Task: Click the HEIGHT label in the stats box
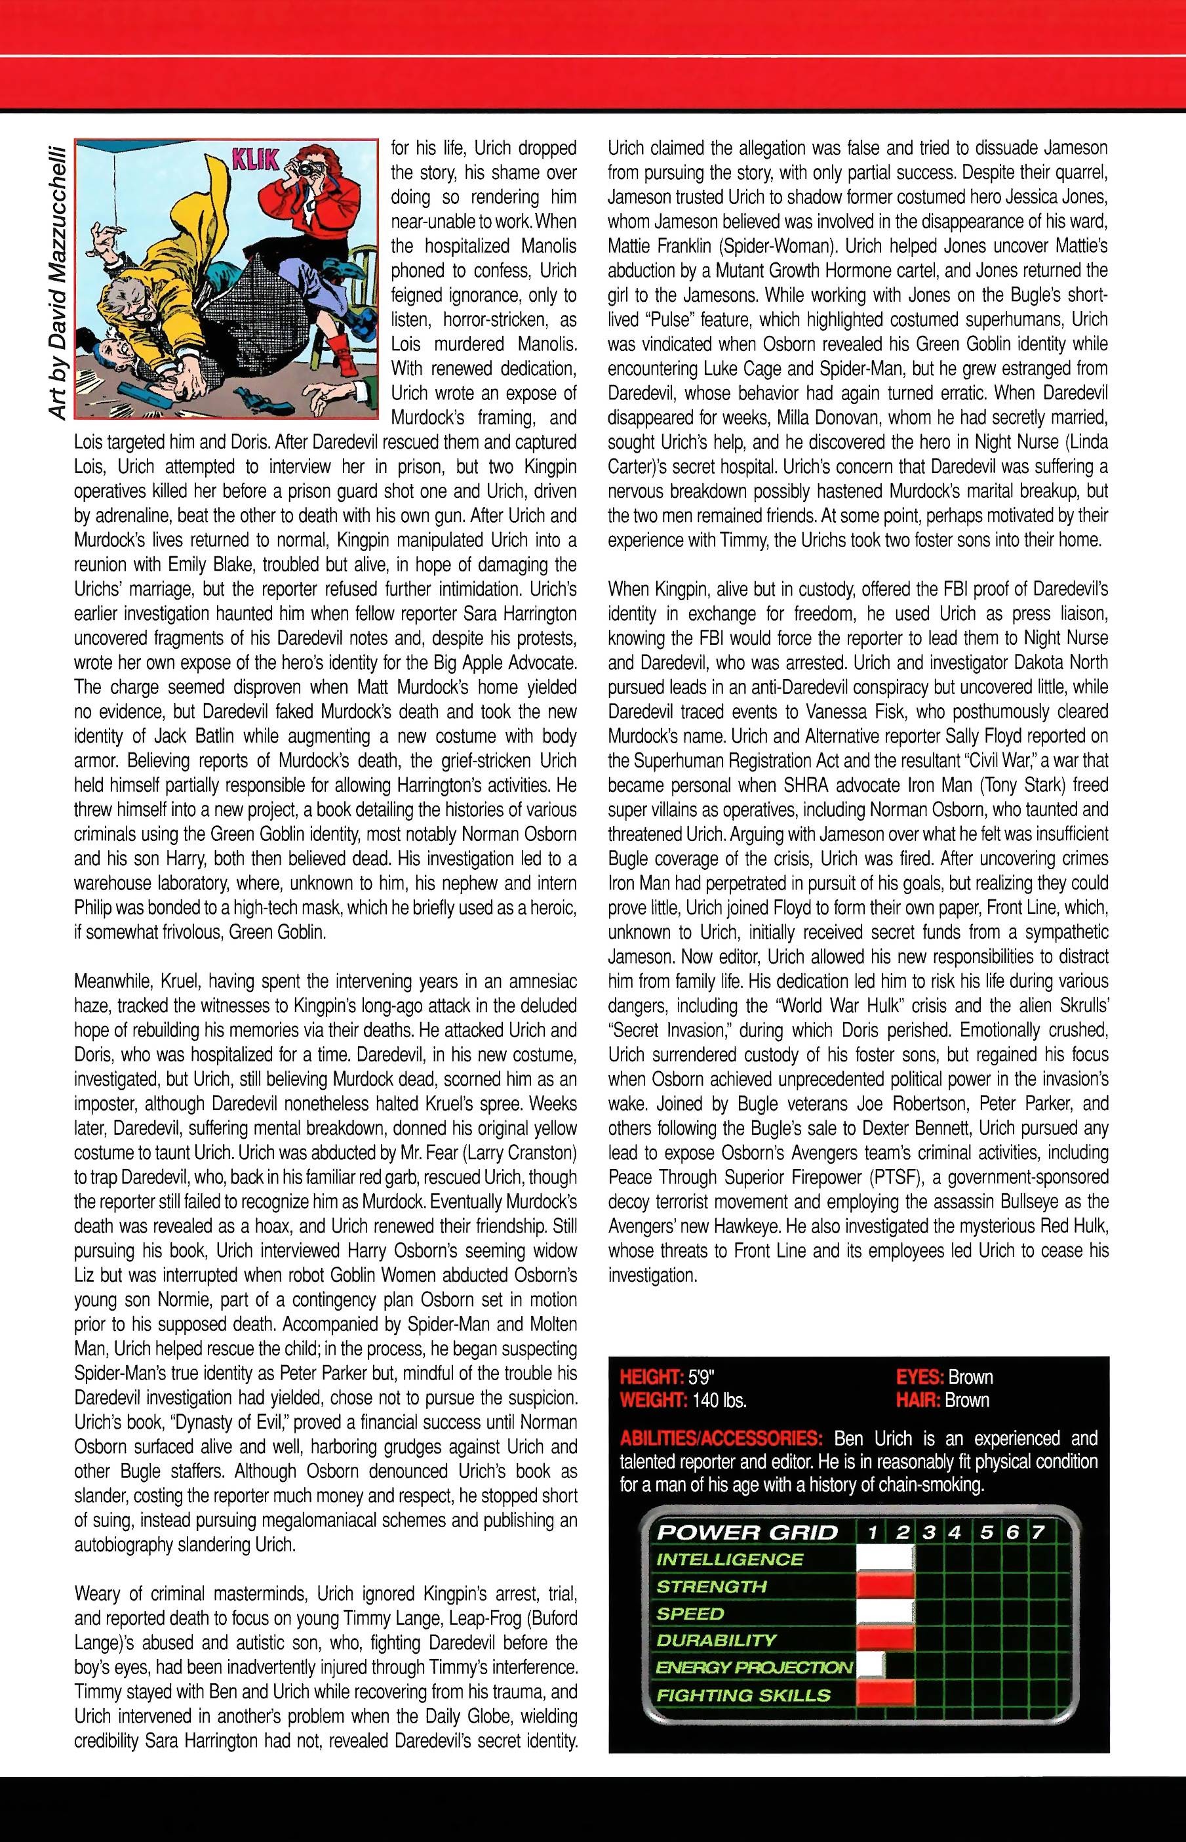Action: point(652,1377)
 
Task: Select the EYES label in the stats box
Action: point(920,1377)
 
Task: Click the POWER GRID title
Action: point(746,1532)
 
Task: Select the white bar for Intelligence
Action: point(885,1559)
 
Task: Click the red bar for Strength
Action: point(885,1586)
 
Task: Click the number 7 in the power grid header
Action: point(1037,1532)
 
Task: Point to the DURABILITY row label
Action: point(716,1640)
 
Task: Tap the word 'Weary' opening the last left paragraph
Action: point(97,1592)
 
